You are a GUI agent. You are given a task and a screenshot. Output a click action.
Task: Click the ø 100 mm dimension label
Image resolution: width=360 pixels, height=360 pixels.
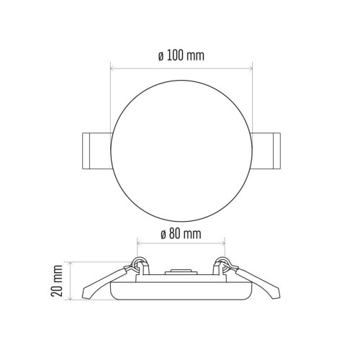(181, 55)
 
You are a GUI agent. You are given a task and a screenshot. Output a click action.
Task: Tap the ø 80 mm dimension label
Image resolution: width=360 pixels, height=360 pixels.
(181, 234)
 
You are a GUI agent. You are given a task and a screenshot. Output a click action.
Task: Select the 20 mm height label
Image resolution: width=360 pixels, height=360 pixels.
(57, 281)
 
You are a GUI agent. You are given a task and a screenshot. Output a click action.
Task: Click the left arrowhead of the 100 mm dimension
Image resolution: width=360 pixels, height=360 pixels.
(112, 69)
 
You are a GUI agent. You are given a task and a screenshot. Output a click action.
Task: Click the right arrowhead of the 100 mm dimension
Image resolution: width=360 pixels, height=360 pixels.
(251, 69)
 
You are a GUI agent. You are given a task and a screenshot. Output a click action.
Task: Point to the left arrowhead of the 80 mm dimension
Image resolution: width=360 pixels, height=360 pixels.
(138, 243)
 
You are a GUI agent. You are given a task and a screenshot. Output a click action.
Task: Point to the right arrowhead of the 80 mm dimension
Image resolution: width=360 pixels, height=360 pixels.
(223, 243)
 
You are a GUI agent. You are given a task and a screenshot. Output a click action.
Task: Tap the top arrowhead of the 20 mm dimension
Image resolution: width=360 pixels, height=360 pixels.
(71, 264)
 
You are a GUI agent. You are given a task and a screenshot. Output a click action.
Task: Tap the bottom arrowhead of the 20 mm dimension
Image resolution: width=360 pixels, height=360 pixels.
(71, 298)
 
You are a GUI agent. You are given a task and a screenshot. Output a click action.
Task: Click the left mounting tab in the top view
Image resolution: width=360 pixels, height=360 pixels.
(97, 151)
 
